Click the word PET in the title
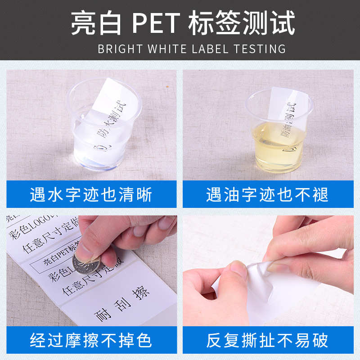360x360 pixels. [x=156, y=23]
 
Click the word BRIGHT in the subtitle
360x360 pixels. [x=120, y=49]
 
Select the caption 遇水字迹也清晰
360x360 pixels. [x=91, y=194]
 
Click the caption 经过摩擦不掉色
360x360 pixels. [x=91, y=340]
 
